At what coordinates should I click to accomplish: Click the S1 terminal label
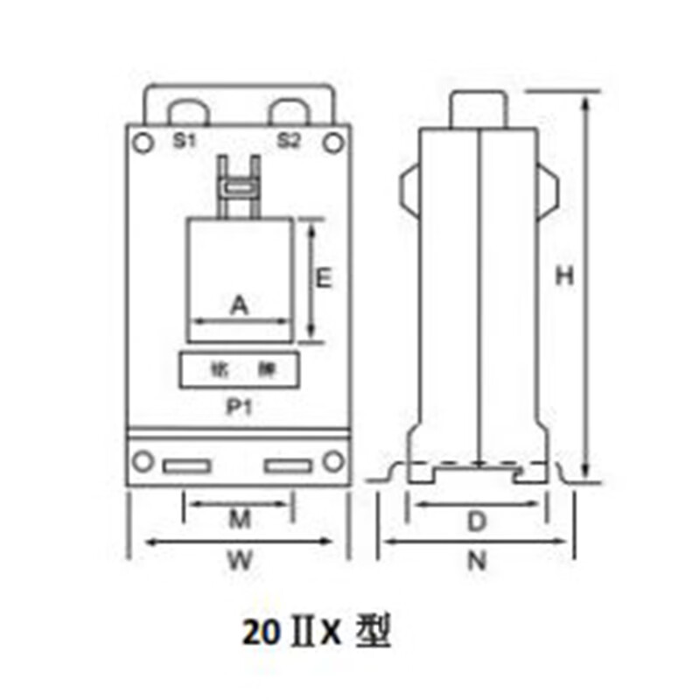183,140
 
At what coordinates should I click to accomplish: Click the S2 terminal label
290,140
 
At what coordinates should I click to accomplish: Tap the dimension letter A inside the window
239,305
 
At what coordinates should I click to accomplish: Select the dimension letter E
323,278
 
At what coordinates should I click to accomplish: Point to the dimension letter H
566,276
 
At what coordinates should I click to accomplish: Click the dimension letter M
240,521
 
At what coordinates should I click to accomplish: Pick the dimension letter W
240,561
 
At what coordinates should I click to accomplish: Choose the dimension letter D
476,522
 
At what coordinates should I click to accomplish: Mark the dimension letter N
476,562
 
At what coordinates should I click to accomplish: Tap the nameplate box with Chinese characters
240,369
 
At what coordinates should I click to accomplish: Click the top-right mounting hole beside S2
333,140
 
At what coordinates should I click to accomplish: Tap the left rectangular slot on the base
186,465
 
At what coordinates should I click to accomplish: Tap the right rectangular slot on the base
289,465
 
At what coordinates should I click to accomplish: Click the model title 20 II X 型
316,633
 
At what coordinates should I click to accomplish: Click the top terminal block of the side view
479,109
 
